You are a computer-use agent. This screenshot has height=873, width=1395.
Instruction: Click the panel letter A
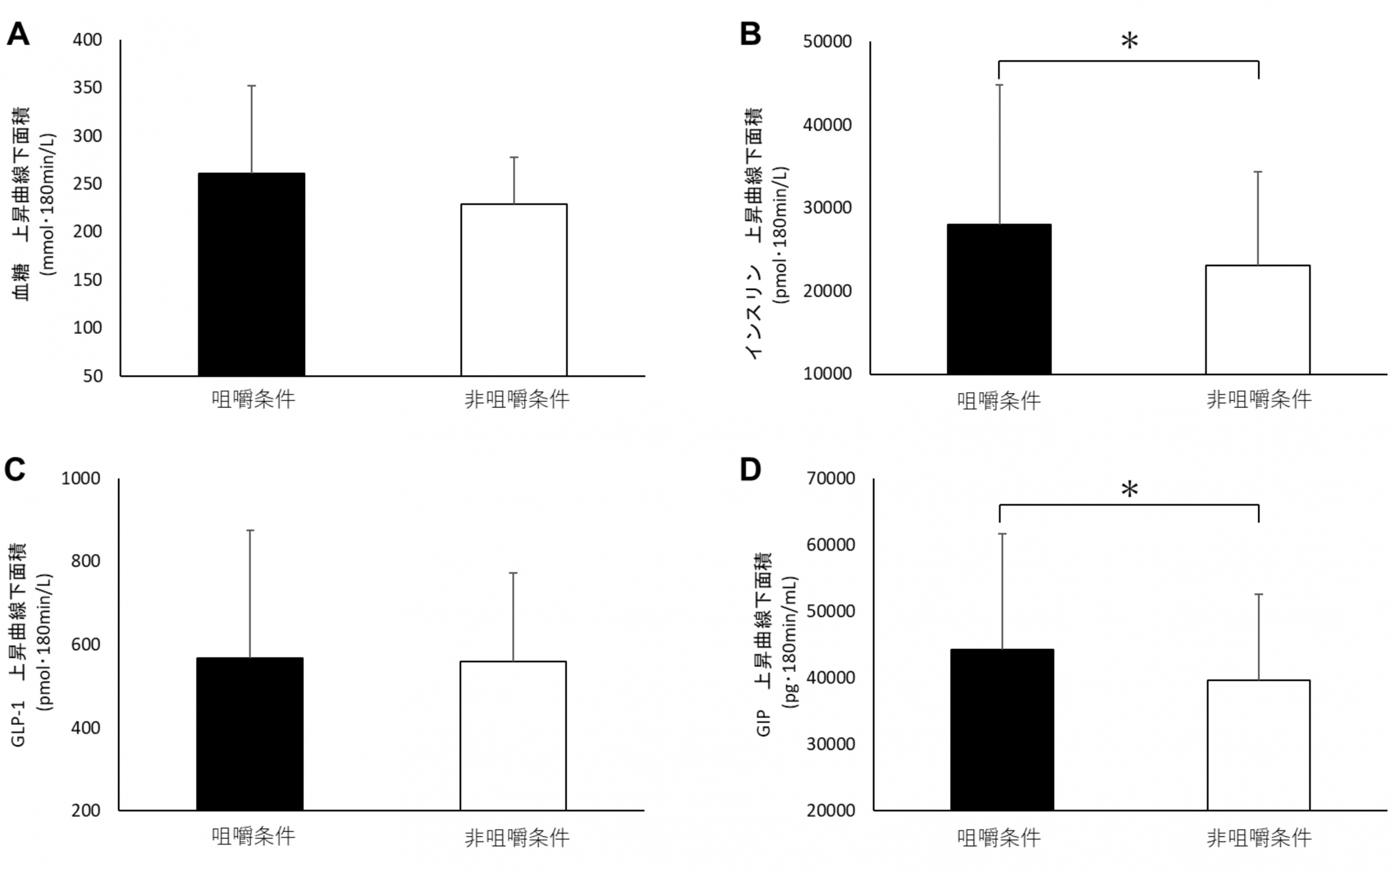pos(18,34)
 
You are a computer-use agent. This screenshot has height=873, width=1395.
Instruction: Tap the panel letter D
pos(750,470)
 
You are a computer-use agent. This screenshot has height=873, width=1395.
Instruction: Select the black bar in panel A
pos(251,274)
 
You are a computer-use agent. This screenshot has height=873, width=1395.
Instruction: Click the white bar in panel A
pos(513,290)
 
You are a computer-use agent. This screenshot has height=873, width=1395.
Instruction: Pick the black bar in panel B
pos(999,299)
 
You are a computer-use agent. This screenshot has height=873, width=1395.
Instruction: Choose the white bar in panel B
pos(1258,319)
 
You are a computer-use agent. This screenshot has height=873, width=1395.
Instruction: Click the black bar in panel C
pos(250,734)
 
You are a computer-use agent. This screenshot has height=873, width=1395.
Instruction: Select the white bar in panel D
pos(1258,745)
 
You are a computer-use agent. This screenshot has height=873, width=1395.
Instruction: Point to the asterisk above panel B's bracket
pos(1129,42)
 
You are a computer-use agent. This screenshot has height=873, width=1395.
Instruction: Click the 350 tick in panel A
pos(87,88)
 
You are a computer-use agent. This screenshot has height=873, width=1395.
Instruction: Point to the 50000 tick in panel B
pos(827,41)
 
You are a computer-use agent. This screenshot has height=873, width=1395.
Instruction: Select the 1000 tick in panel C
pos(81,478)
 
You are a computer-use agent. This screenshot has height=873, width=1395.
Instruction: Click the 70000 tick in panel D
pos(830,478)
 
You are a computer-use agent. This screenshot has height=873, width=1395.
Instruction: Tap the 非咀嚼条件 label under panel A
pos(517,400)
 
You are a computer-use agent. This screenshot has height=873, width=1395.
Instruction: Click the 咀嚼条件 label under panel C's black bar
pos(253,836)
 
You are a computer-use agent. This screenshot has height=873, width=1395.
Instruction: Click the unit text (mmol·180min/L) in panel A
pos(48,204)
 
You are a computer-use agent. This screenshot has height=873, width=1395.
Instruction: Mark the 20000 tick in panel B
pos(827,291)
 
